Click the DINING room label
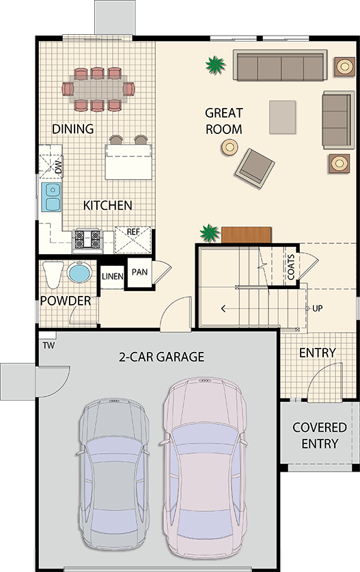point(73,128)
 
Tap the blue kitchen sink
point(51,197)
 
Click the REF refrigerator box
point(133,240)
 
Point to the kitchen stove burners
point(87,239)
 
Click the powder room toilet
point(53,274)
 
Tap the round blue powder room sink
point(79,273)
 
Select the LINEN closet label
point(112,277)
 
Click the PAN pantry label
point(139,272)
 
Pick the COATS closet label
point(291,267)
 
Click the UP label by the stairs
point(318,309)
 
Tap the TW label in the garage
point(49,345)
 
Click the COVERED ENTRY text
point(320,435)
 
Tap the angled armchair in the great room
point(255,168)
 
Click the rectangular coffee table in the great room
point(283,118)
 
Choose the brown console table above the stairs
point(246,234)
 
